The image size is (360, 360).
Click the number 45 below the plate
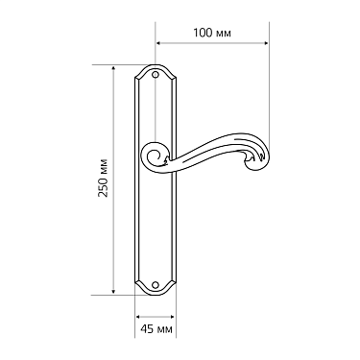(x=145, y=329)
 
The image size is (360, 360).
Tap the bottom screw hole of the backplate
(x=156, y=285)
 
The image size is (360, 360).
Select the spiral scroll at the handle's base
(x=154, y=155)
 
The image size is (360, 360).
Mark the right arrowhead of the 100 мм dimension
(x=264, y=44)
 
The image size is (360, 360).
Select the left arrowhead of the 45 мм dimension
(x=137, y=316)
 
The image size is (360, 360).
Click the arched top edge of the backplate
(x=155, y=66)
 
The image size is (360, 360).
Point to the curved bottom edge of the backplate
(x=155, y=294)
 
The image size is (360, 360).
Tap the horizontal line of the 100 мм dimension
(x=211, y=44)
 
